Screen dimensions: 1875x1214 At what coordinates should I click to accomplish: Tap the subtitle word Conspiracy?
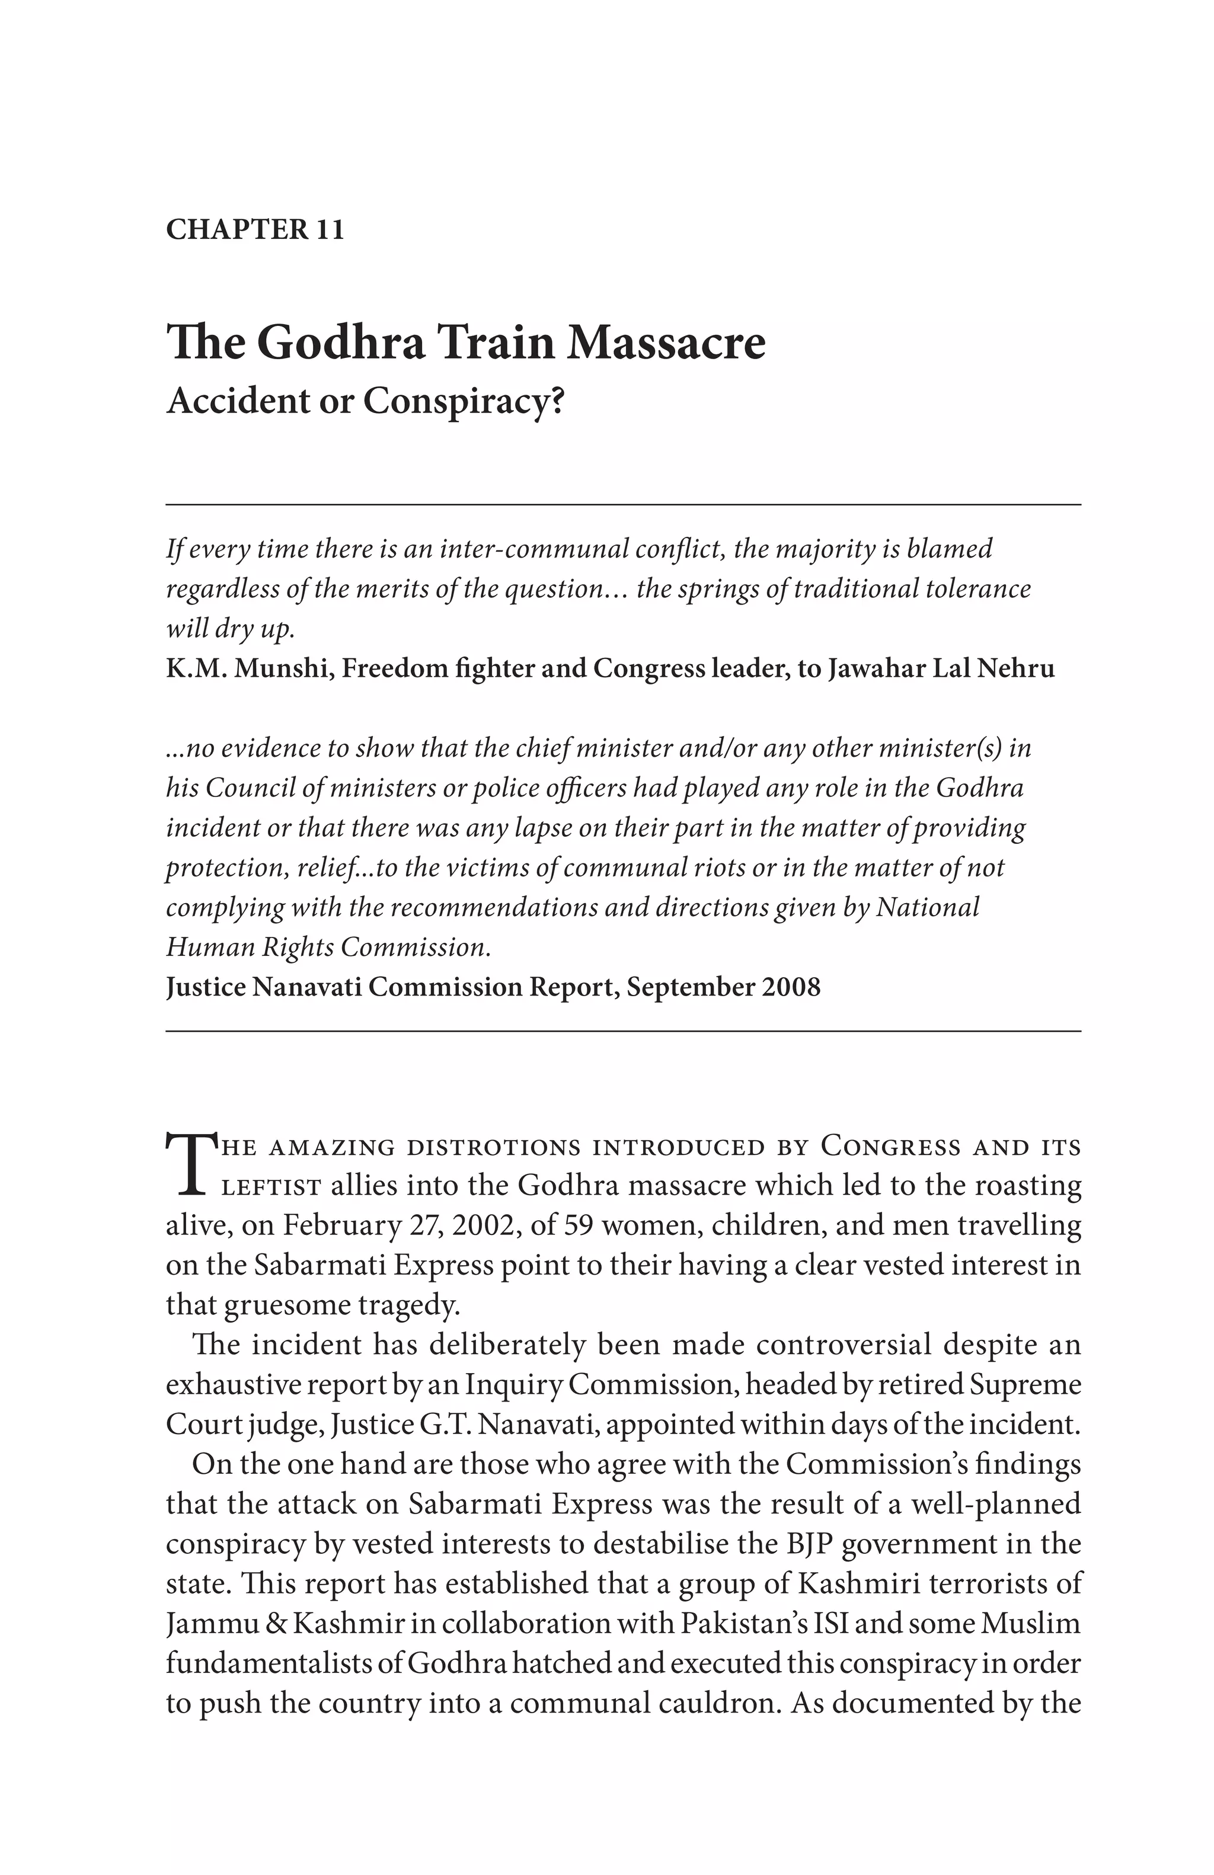tap(464, 401)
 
